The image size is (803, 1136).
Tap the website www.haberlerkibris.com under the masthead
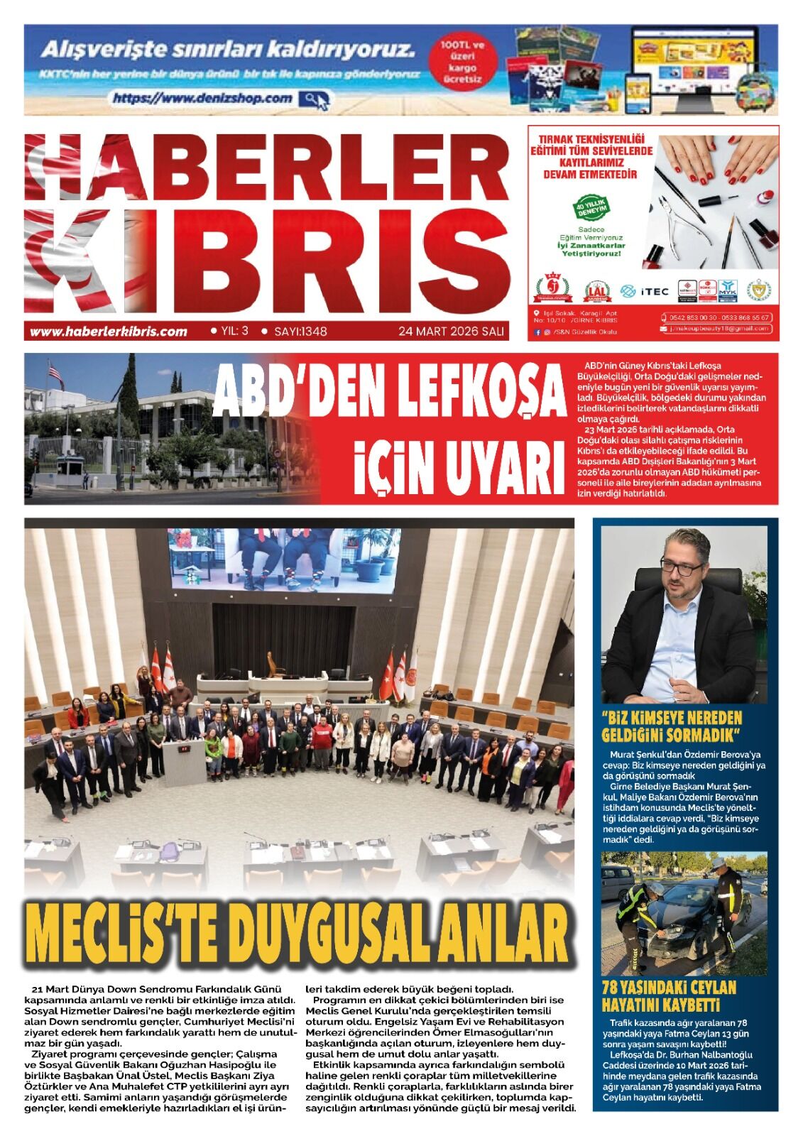click(x=109, y=331)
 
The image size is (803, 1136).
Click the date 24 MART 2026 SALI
click(x=451, y=331)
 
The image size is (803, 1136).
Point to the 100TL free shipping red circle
click(x=461, y=62)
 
